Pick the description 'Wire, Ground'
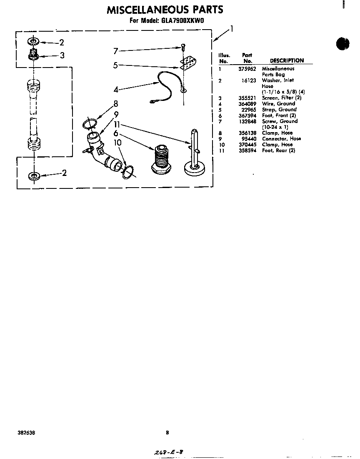point(278,104)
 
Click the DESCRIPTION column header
point(287,60)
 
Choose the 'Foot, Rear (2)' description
point(278,150)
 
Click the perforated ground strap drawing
point(188,63)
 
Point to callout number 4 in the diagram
point(116,90)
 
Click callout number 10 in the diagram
point(117,143)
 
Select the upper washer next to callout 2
point(33,42)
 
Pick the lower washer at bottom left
point(33,176)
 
